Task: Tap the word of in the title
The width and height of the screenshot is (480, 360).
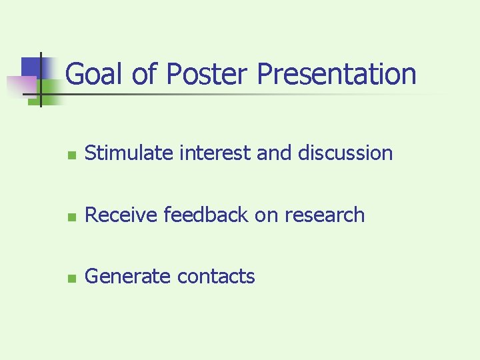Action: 144,75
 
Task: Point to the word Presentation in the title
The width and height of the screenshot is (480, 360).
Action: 336,75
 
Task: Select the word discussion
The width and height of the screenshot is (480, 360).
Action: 345,153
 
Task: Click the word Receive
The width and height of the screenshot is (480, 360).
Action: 121,215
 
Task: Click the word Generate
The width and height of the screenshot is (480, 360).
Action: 126,276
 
